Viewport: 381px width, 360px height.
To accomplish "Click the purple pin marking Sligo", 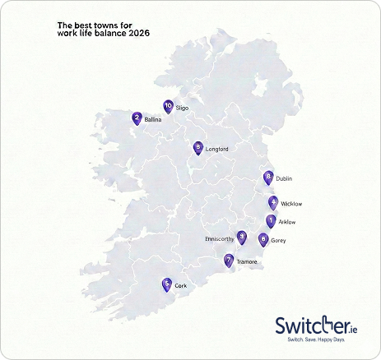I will click(x=168, y=106).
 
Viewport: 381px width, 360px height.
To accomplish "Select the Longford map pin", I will click(x=197, y=148).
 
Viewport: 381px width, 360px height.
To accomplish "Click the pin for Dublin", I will click(x=268, y=178).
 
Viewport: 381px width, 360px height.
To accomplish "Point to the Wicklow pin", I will click(x=273, y=202).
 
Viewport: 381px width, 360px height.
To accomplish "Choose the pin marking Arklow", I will click(x=271, y=221).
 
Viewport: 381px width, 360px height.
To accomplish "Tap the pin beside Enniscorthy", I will click(x=241, y=238).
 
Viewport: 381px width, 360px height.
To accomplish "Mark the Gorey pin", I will click(x=263, y=240).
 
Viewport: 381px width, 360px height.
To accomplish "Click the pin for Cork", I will click(x=167, y=284).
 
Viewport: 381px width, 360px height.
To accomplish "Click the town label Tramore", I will click(x=247, y=262).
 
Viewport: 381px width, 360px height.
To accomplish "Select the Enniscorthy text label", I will click(x=219, y=238).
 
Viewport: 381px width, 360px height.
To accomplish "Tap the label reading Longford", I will click(x=216, y=149).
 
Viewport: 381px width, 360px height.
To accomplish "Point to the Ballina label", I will click(x=153, y=120).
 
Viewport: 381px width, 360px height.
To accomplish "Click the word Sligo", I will click(x=183, y=107).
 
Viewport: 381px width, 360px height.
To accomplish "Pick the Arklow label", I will click(x=287, y=222).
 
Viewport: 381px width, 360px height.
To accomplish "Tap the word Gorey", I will click(x=278, y=241).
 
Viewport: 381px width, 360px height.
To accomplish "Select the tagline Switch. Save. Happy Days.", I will click(x=315, y=339).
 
